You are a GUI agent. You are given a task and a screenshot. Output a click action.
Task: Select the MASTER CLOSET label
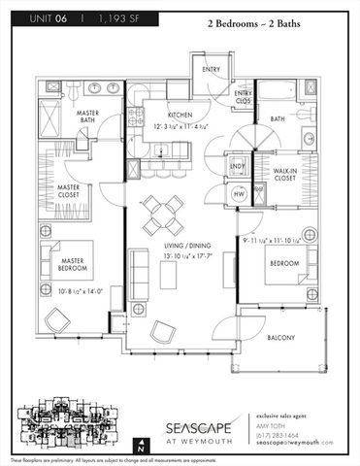pyautogui.click(x=70, y=191)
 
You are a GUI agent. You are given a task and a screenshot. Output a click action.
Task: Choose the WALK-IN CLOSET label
pyautogui.click(x=282, y=174)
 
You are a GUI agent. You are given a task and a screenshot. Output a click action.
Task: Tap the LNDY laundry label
pyautogui.click(x=237, y=167)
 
